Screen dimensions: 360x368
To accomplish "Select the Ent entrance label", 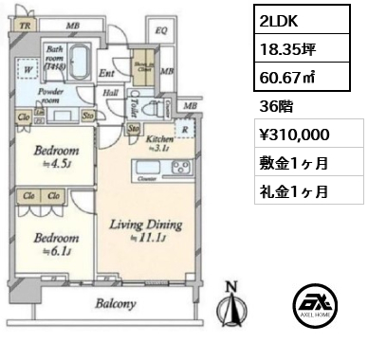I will point(107,72).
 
